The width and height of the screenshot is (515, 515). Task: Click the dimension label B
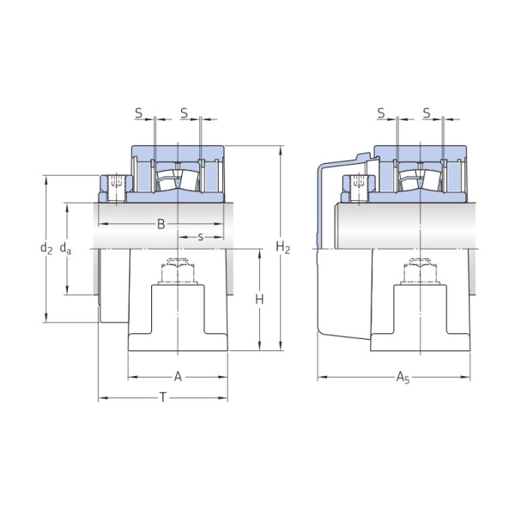tap(161, 225)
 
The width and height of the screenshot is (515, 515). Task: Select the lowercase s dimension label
tap(200, 236)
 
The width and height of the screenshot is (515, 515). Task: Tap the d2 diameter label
tap(46, 249)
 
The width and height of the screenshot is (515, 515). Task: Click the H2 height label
tap(282, 248)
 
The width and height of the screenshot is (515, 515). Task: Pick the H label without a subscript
tap(258, 299)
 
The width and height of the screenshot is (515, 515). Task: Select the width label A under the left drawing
tap(178, 376)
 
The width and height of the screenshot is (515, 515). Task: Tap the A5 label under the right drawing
tap(403, 377)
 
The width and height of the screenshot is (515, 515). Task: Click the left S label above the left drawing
tap(138, 113)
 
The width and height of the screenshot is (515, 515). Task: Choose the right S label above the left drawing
tap(184, 113)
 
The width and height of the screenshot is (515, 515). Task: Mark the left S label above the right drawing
tap(380, 113)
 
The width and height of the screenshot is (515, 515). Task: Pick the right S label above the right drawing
tap(427, 113)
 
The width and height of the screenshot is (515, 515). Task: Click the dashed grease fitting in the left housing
tap(177, 270)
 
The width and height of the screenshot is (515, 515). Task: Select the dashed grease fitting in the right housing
tap(420, 270)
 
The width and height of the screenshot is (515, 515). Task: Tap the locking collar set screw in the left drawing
tap(116, 183)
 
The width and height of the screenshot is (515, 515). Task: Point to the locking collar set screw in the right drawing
tap(359, 183)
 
